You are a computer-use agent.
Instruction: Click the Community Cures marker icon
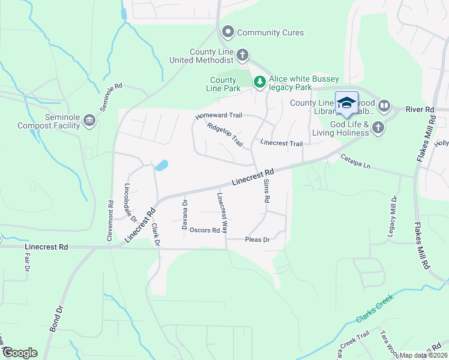coord(228,32)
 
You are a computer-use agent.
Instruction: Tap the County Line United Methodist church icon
coord(243,56)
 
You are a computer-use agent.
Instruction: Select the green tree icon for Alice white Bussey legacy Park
coord(259,80)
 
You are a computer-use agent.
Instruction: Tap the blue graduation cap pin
coord(346,103)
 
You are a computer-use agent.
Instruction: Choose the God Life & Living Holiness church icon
coord(378,127)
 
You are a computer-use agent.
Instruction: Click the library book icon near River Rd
coord(384,106)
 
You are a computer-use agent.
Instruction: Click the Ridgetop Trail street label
coord(224,135)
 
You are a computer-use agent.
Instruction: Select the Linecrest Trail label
coord(281,143)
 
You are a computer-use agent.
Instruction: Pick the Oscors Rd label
coord(205,230)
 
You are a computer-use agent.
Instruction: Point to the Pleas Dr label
coord(258,239)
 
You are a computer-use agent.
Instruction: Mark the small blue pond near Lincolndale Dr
coord(161,165)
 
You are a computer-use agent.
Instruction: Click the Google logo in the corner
coord(20,353)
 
